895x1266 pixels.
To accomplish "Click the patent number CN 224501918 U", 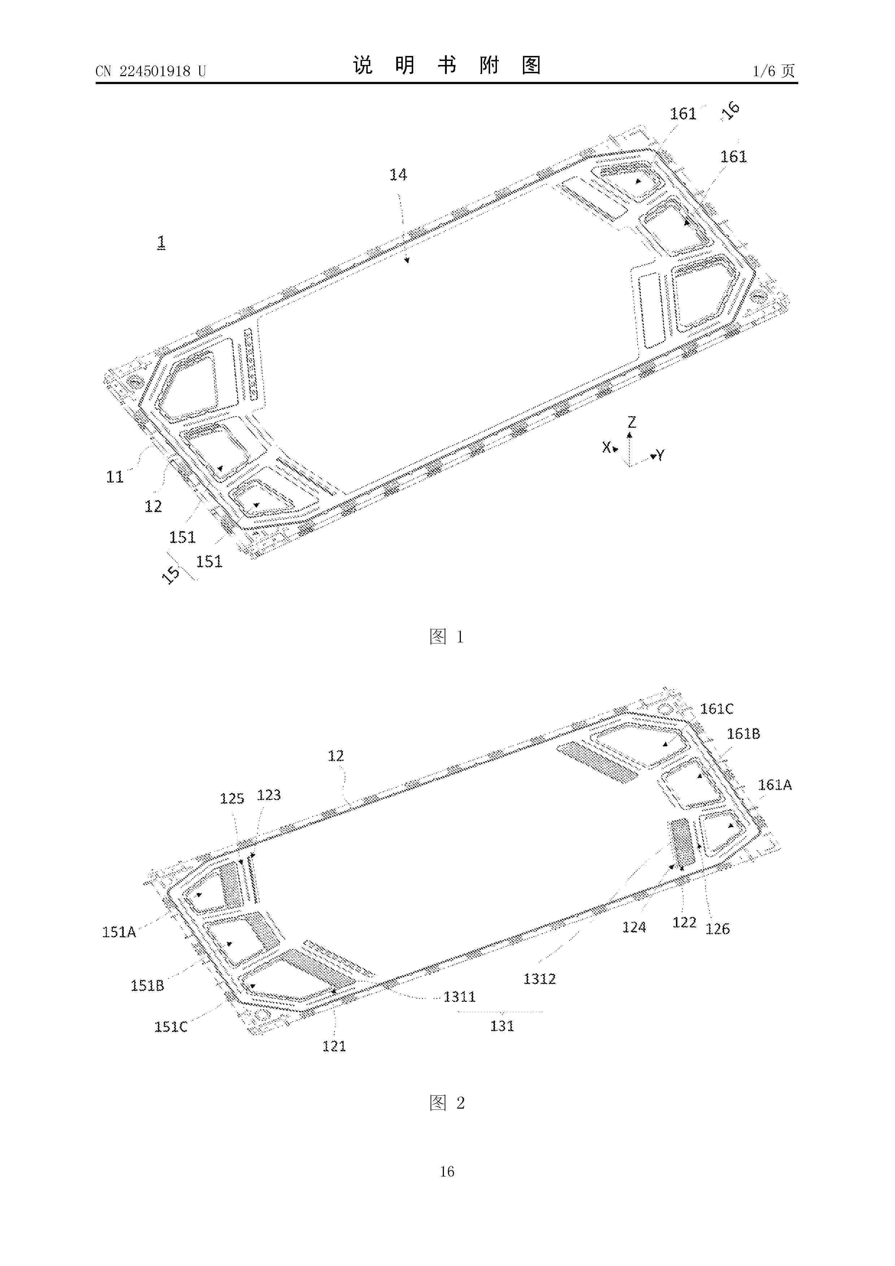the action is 150,71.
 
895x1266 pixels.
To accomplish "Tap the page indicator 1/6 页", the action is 774,71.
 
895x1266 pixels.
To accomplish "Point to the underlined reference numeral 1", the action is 161,242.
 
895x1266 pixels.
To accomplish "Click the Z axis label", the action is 632,422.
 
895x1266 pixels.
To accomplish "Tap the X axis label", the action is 607,447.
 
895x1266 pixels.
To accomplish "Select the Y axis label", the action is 660,455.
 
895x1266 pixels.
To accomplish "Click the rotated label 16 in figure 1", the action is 731,111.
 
